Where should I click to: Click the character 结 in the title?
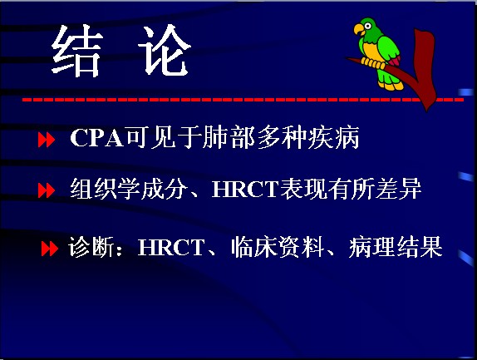click(76, 51)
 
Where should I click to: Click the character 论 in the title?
click(165, 50)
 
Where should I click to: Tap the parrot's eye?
click(368, 26)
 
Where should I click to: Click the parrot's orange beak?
click(359, 30)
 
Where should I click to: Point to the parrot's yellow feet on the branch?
click(373, 63)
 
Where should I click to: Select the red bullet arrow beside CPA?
click(47, 140)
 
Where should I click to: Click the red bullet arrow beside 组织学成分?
click(47, 190)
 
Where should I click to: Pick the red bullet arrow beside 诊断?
click(50, 249)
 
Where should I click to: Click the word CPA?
click(97, 138)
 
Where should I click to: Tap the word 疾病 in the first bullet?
click(334, 137)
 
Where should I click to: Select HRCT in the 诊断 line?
click(171, 247)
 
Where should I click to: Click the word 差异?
click(399, 189)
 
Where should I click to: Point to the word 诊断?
click(91, 247)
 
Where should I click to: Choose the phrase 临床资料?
click(278, 247)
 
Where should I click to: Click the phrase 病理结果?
click(396, 247)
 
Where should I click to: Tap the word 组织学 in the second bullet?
click(105, 189)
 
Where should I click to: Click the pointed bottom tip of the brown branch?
click(427, 110)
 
